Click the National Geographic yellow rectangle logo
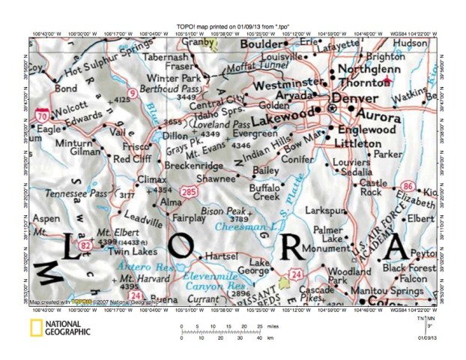[35, 328]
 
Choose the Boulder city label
[262, 45]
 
